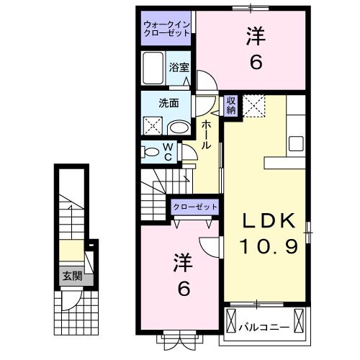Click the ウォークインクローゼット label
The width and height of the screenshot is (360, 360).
(166, 27)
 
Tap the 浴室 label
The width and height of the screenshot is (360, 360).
(179, 68)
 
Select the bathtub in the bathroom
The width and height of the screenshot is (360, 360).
(154, 71)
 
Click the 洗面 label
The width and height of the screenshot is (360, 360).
(169, 103)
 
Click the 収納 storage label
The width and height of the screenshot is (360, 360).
(231, 105)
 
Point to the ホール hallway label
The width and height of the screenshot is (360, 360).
(206, 133)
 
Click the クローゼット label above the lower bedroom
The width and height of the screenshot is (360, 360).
(194, 207)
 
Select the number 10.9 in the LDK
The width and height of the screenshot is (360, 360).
(268, 247)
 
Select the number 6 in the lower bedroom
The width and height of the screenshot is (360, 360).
(183, 289)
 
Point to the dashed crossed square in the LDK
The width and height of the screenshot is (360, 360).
(253, 105)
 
